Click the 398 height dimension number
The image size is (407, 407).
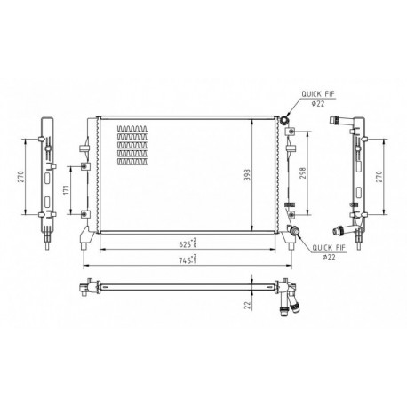(247, 175)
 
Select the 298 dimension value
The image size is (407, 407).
(302, 173)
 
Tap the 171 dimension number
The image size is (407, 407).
(66, 190)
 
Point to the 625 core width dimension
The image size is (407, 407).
(188, 244)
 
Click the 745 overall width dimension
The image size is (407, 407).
(188, 260)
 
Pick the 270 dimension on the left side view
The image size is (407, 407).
(20, 177)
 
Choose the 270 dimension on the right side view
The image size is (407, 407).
(379, 177)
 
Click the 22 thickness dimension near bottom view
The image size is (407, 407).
(247, 306)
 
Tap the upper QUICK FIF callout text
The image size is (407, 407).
(318, 94)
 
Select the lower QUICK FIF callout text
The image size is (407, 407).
(329, 248)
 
